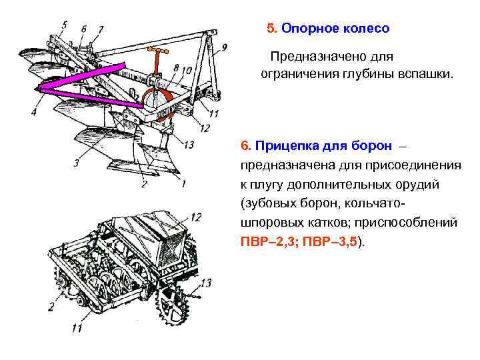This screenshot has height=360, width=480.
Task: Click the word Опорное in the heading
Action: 307,29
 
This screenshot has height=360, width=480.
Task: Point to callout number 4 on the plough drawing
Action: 33,113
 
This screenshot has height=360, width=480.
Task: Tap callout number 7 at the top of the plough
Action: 101,29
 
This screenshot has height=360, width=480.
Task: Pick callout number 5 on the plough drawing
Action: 63,25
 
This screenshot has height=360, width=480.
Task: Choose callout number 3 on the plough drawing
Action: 77,162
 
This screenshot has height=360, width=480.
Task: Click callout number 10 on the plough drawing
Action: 186,70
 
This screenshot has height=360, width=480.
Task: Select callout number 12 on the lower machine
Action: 195,217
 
